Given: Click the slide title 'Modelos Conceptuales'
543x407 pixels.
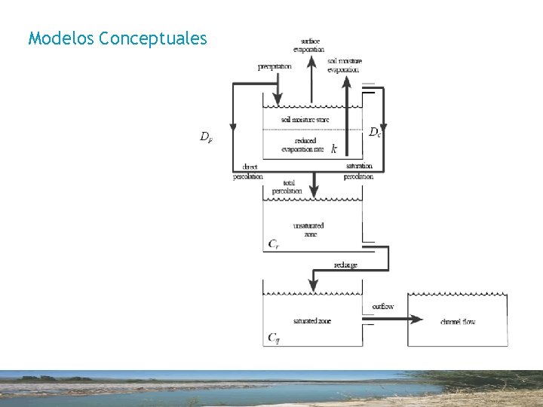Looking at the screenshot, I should [117, 38].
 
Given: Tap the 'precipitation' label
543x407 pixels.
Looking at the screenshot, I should [275, 66].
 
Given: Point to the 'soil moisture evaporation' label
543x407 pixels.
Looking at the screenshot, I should [344, 65].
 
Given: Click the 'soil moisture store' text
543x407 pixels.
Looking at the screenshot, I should [305, 120].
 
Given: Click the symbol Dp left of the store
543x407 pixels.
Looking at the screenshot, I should [205, 136].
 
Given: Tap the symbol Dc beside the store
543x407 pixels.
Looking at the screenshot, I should [375, 131].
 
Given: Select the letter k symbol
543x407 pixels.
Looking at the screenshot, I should [334, 150].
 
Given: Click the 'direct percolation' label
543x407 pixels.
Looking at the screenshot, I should [249, 171].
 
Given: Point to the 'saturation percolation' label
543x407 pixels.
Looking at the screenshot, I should [358, 171].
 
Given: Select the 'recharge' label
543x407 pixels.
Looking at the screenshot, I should [345, 265].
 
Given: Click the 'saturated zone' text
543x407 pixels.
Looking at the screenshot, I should [311, 321].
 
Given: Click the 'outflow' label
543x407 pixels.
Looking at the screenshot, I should [383, 307].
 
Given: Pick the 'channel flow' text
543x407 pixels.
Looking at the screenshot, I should [458, 322].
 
